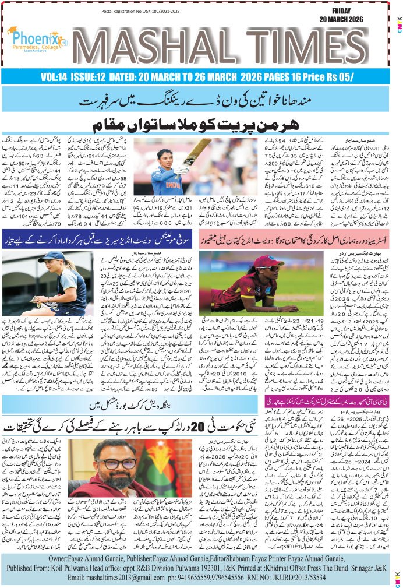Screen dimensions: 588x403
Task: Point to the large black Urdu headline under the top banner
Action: [x=201, y=125]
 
